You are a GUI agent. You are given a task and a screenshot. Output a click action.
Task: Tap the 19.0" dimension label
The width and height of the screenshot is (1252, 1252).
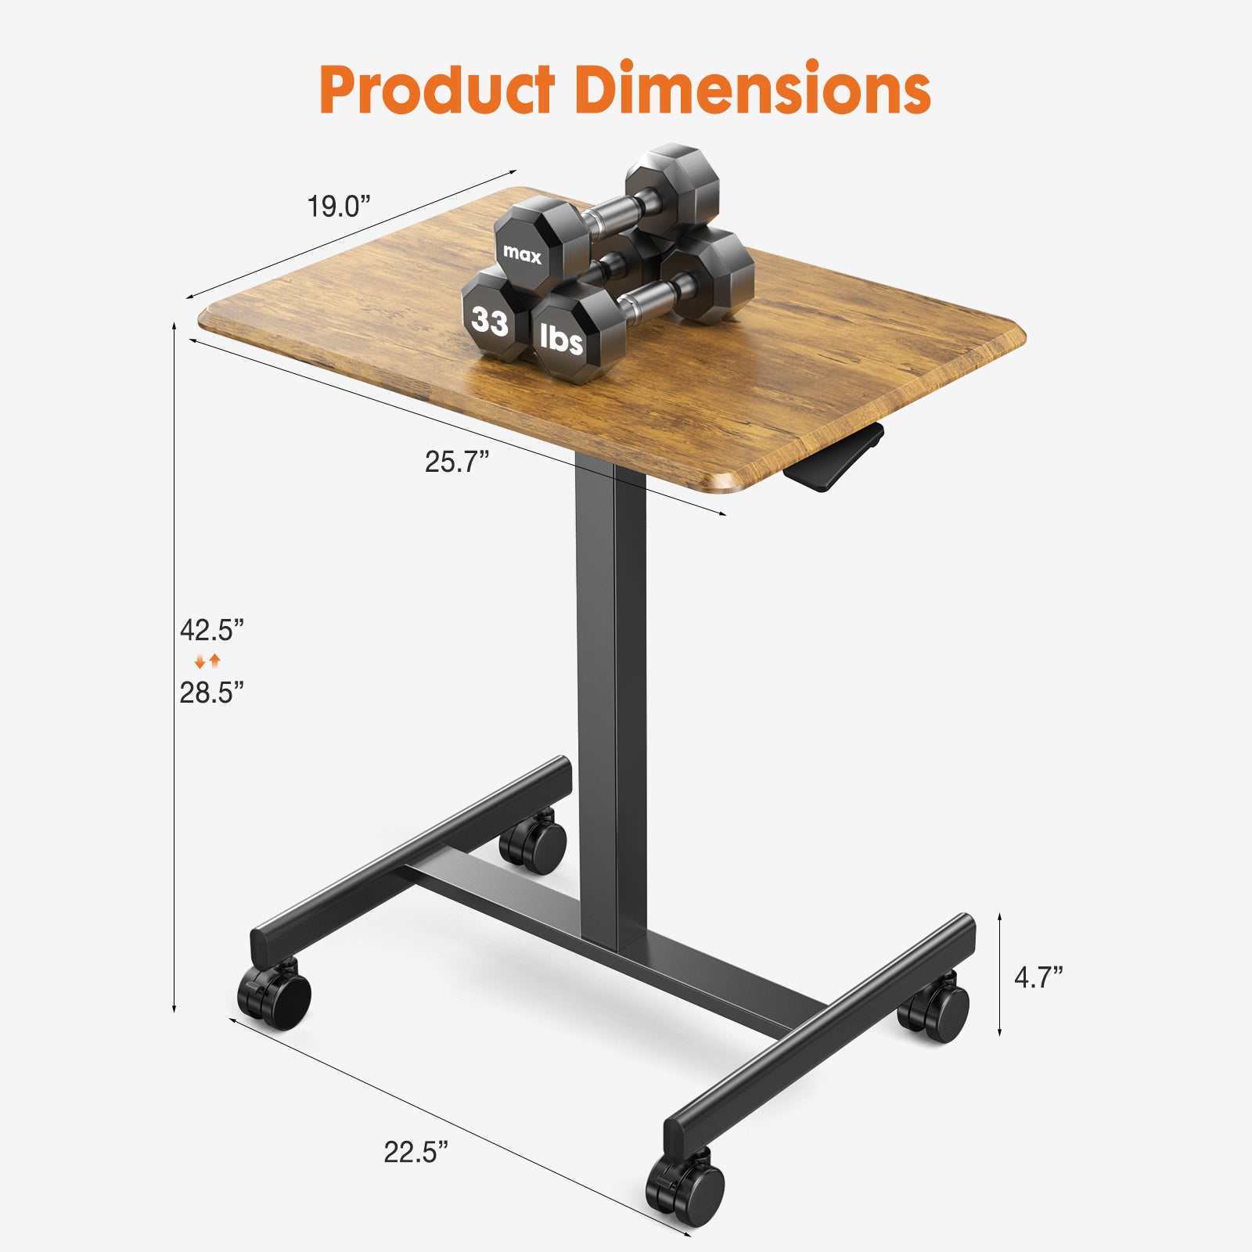[338, 207]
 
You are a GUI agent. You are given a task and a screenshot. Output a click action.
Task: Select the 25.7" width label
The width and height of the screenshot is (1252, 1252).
[457, 462]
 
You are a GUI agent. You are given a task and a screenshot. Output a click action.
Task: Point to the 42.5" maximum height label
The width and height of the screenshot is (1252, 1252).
[212, 629]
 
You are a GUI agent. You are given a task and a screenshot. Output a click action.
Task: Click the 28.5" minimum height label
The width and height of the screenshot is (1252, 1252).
[212, 693]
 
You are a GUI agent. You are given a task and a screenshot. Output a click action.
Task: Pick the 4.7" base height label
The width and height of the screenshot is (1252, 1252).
[1038, 977]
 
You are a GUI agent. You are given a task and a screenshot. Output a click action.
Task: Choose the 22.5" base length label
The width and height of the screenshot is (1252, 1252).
[416, 1152]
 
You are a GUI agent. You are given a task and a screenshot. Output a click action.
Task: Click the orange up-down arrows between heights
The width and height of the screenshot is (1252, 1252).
[207, 661]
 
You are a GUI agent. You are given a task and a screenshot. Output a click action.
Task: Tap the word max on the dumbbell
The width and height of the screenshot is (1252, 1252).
[522, 254]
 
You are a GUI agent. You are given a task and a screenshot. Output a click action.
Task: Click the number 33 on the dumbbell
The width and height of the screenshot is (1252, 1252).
[490, 321]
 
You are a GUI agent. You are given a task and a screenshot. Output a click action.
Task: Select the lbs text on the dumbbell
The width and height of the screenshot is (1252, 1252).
[562, 339]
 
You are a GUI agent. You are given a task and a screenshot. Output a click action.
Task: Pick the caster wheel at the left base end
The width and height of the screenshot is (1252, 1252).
[275, 995]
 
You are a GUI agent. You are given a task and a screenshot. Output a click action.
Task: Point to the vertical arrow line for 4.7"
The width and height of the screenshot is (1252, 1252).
[1000, 974]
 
